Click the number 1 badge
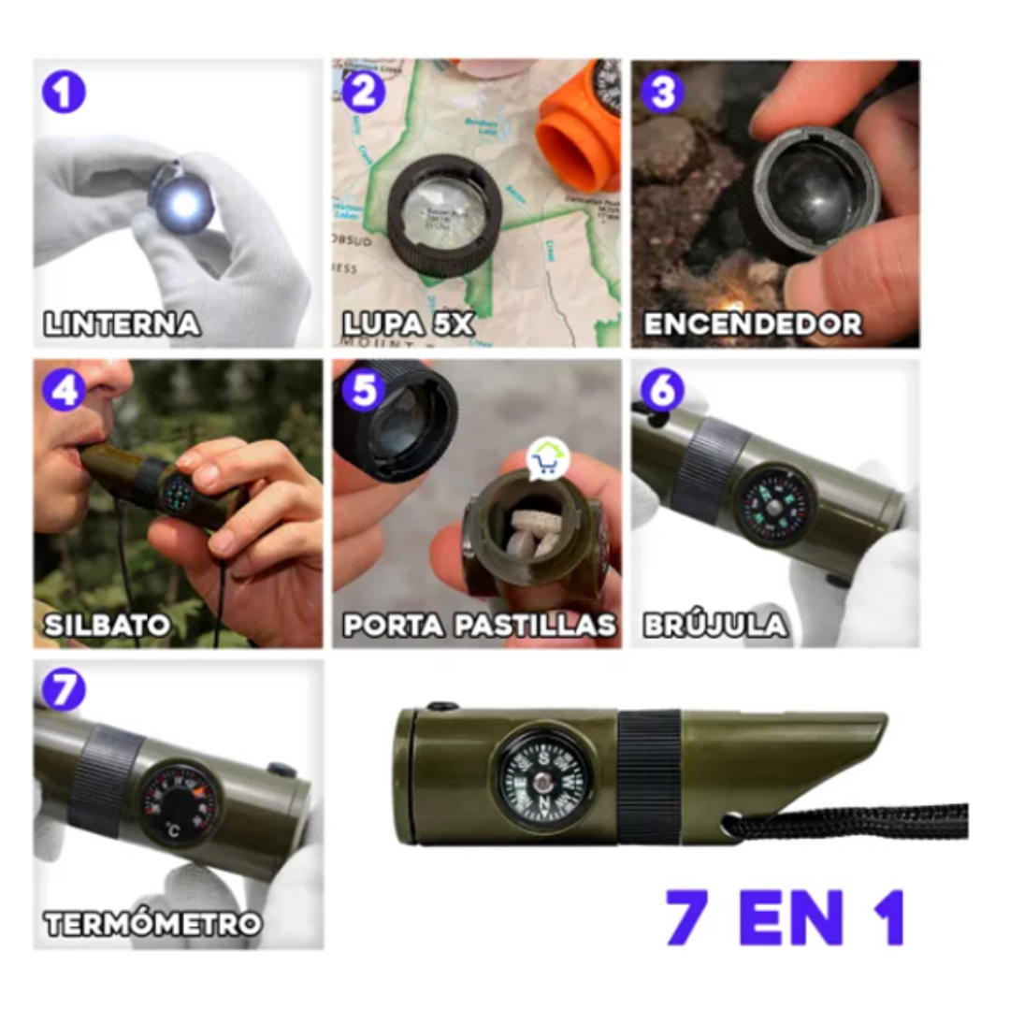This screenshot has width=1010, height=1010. coord(64,94)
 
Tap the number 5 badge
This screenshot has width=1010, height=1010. coord(363,390)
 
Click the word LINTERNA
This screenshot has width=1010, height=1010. coord(123,325)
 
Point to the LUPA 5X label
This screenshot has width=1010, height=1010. coord(409,325)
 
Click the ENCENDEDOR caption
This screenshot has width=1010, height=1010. coord(753,325)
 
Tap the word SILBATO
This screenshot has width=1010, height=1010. coord(108,625)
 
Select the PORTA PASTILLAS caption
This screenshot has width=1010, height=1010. coord(479,625)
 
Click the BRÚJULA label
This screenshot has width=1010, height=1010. coord(714,625)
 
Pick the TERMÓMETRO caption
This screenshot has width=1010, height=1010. coord(152,924)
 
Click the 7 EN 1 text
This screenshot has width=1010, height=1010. coord(786,918)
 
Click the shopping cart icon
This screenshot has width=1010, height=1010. coord(547,458)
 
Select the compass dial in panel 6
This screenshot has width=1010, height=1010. coord(773,507)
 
